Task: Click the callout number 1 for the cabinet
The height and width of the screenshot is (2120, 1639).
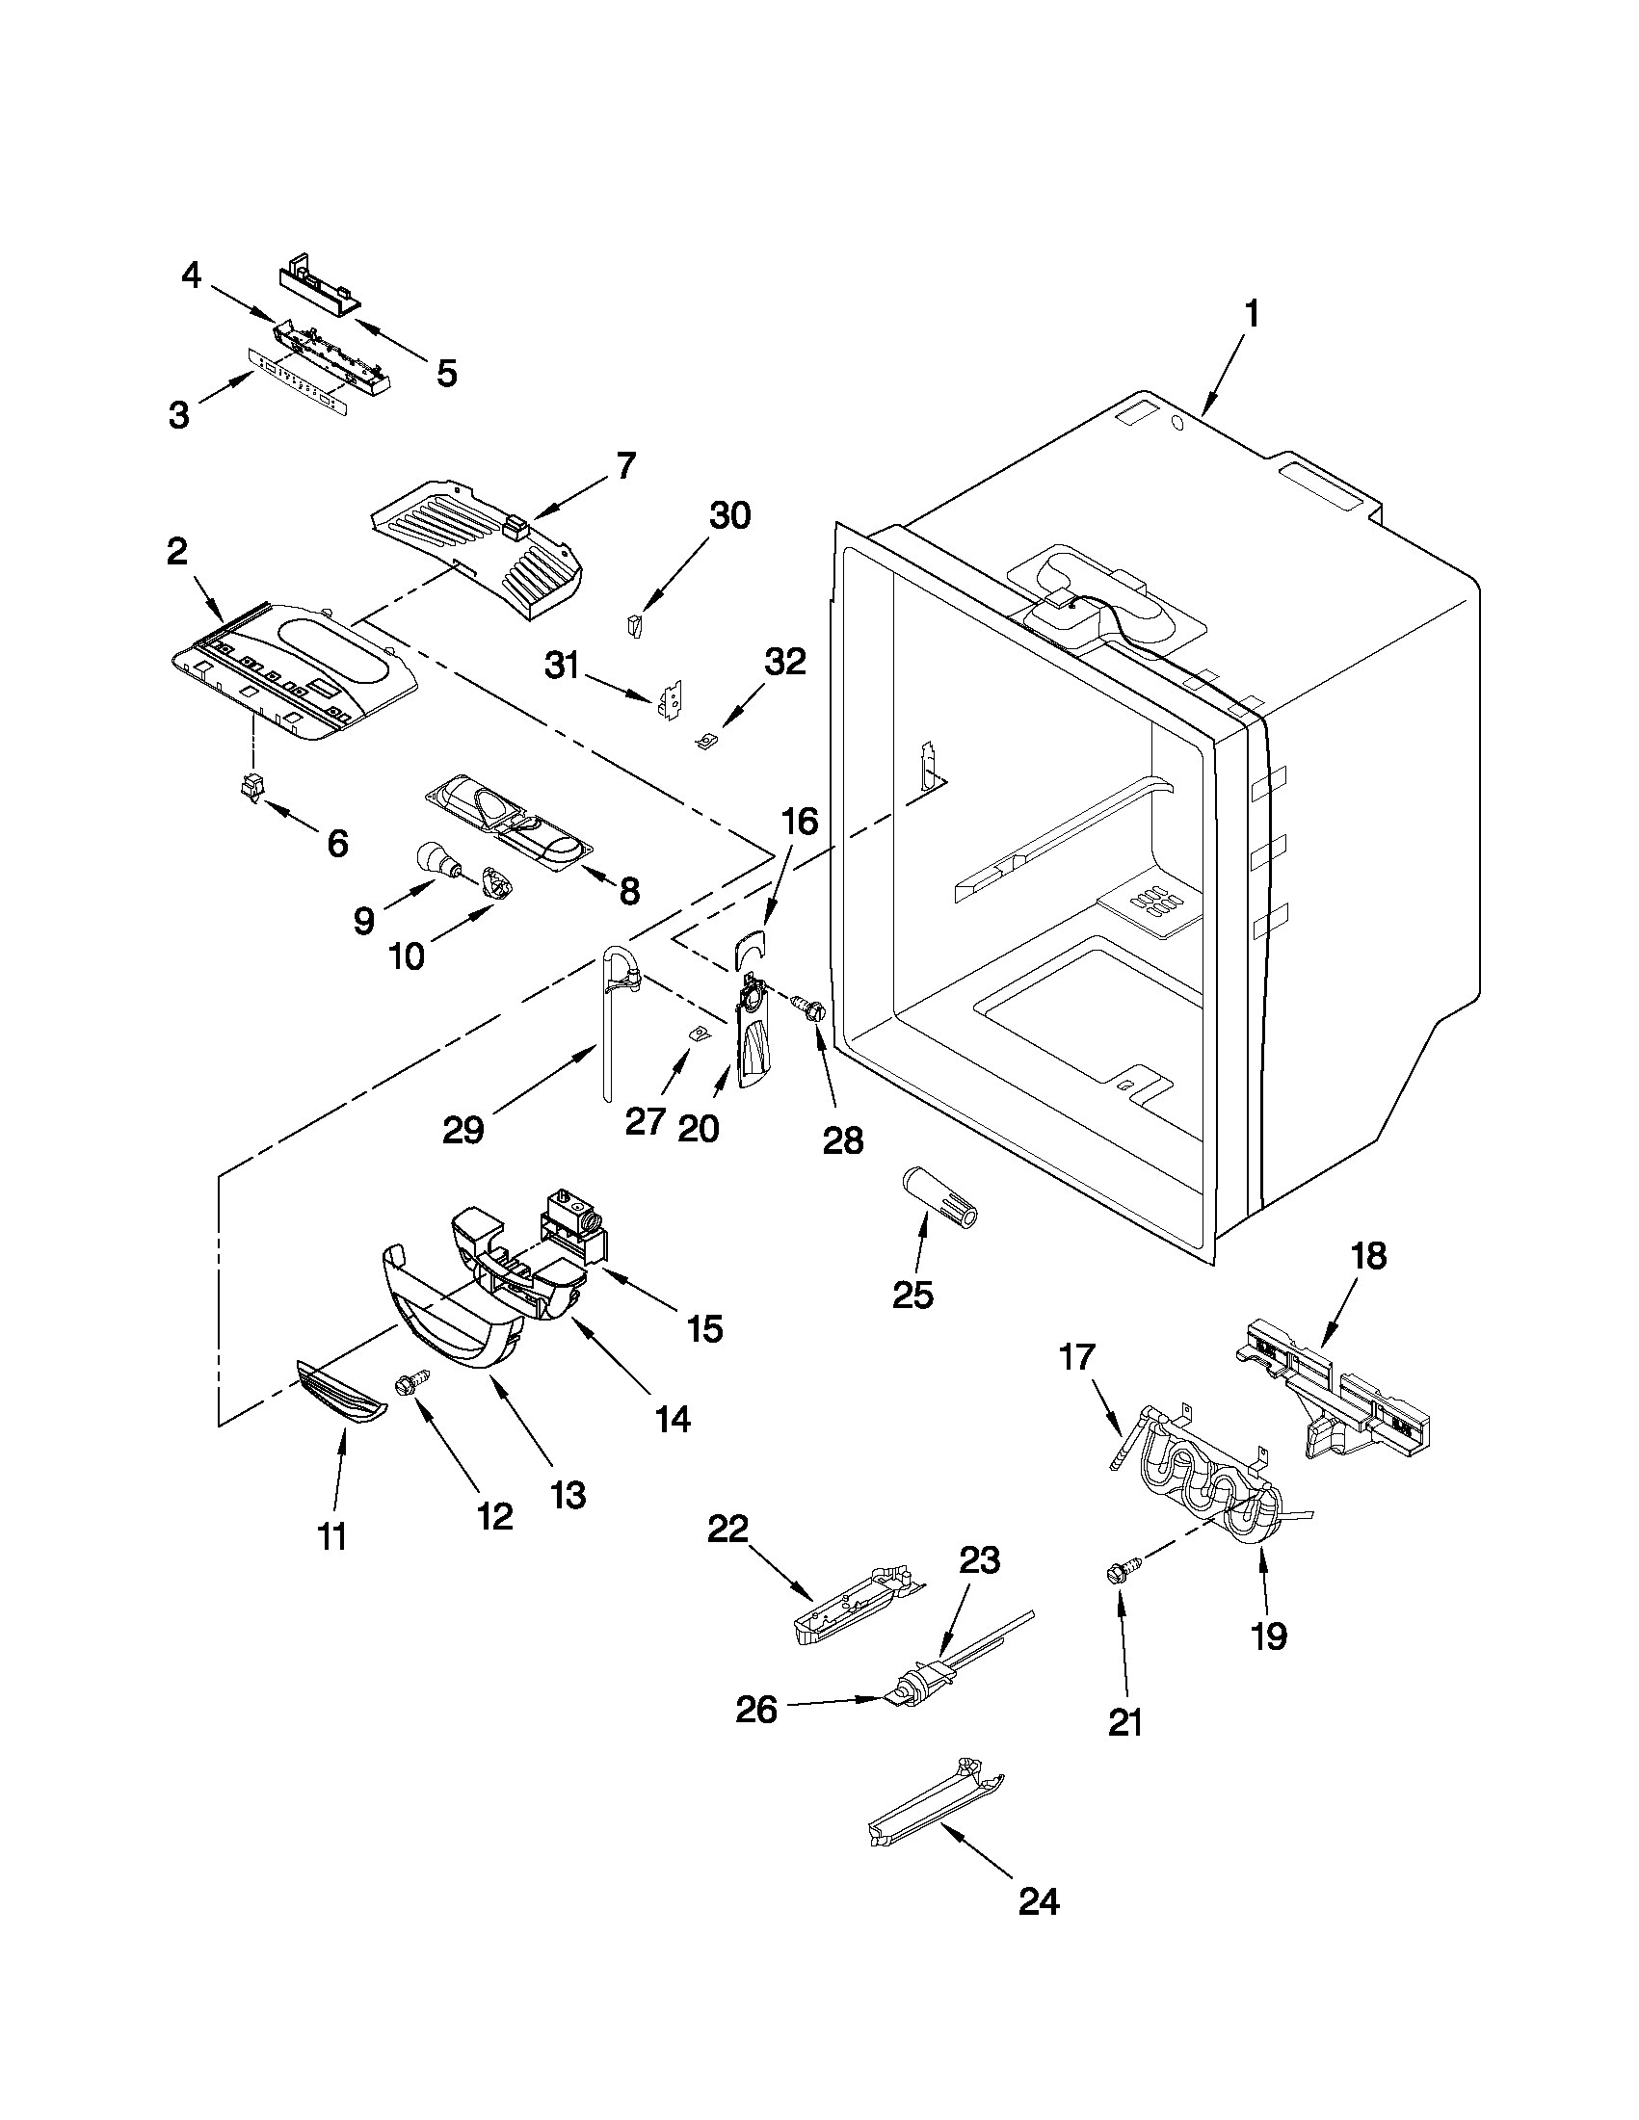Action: click(1252, 316)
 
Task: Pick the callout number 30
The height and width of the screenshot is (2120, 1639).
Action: click(729, 516)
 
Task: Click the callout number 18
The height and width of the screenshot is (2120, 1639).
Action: click(1368, 1256)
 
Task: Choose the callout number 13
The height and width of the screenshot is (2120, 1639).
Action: click(568, 1496)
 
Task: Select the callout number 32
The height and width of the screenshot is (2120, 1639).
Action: click(784, 662)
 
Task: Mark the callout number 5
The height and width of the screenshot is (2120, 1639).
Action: click(446, 374)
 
